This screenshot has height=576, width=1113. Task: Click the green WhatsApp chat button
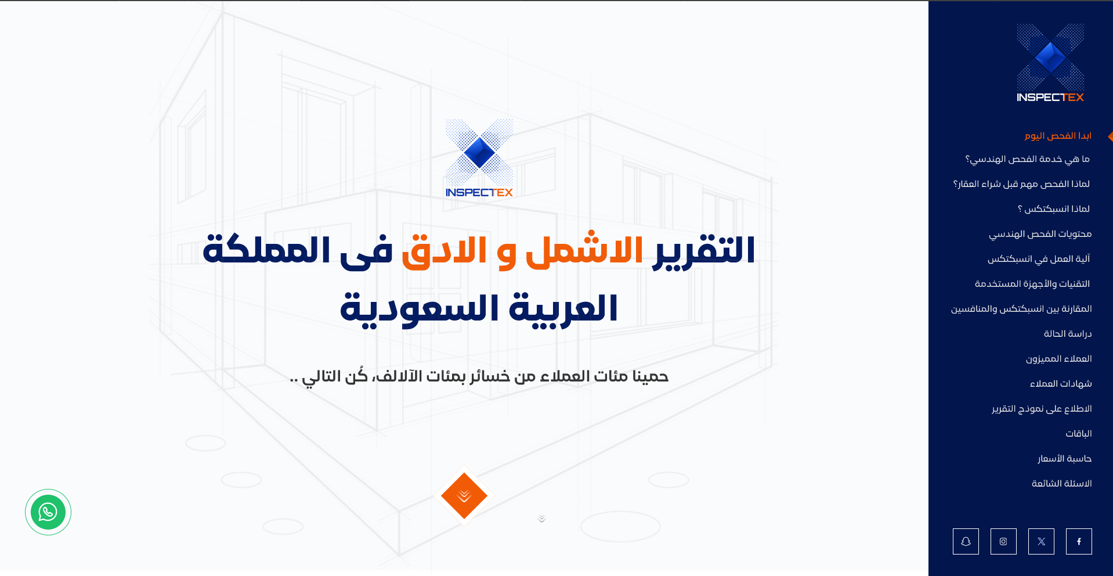[48, 512]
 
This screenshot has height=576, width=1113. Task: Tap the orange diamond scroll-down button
[464, 496]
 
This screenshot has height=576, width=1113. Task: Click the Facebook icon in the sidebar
[1079, 541]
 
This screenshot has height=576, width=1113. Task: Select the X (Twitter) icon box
[1041, 541]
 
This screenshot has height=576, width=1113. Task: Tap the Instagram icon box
[1003, 541]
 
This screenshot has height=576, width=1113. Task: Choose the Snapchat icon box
[966, 541]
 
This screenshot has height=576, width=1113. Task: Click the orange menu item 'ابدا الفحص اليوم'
[1058, 136]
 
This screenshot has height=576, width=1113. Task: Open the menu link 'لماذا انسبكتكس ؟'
[1054, 209]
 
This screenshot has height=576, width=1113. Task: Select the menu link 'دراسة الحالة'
[1068, 334]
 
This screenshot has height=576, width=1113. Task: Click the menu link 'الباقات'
[1079, 434]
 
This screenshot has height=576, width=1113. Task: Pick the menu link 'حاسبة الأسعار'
[1065, 459]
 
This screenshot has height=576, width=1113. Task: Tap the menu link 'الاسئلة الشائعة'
[1062, 484]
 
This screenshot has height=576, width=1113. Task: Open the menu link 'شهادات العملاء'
[1061, 384]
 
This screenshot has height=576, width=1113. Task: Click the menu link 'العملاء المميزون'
[1059, 359]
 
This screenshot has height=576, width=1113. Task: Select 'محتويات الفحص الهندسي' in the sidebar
[1040, 234]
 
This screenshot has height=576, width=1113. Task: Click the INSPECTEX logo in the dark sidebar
[1050, 63]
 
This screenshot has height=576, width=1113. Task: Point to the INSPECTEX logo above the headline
[479, 158]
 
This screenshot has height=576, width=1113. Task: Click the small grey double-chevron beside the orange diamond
[541, 519]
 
